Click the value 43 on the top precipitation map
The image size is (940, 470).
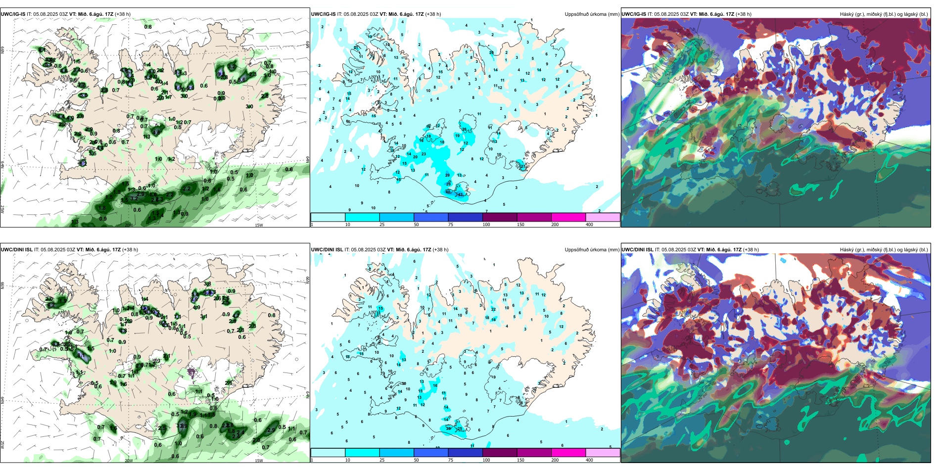pos(461,194)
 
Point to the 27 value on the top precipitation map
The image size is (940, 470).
pos(523,167)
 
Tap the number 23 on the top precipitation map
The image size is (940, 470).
pos(423,154)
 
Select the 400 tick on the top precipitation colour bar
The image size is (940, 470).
pos(589,225)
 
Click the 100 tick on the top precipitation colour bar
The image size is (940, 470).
pos(486,225)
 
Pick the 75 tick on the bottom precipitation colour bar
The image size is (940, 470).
pos(451,460)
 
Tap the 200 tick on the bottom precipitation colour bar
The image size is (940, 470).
pos(555,460)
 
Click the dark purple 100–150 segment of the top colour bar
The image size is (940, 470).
pos(500,217)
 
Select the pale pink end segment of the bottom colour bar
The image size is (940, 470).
pos(603,452)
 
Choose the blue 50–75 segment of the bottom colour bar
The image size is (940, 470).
pos(431,452)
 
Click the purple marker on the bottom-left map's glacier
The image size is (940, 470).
pos(191,373)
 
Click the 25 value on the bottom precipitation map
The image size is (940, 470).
pos(460,429)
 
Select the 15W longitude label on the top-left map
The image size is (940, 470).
pos(259,225)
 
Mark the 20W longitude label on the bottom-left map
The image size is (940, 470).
pos(129,461)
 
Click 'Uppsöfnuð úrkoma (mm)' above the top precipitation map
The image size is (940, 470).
pos(592,14)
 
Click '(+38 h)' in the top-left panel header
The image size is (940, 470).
pos(123,14)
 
